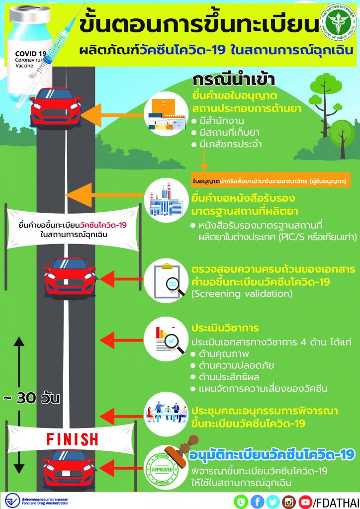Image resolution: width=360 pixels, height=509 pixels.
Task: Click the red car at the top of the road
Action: [x=55, y=107]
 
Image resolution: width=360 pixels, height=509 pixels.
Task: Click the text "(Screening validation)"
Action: [x=242, y=294]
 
